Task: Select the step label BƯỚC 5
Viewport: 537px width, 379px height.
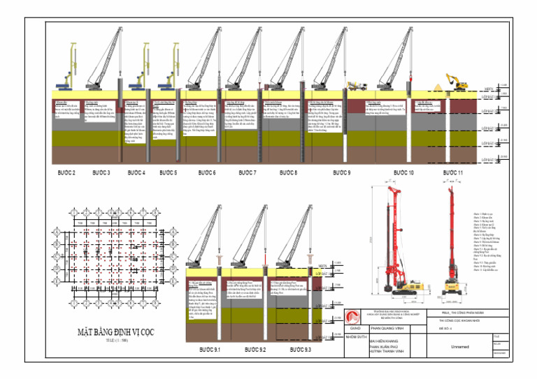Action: [168, 172]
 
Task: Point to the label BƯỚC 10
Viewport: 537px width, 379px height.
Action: [403, 172]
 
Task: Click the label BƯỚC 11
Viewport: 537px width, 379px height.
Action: [452, 172]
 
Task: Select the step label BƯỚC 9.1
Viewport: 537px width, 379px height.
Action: [210, 348]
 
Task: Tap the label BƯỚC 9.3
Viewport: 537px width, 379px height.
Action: [300, 348]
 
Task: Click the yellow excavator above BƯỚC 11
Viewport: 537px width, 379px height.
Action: [456, 82]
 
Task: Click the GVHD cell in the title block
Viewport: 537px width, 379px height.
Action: [355, 326]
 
